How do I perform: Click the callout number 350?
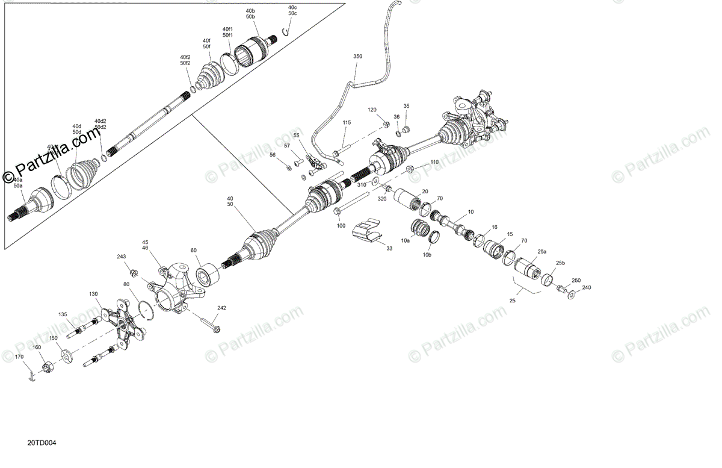(358, 56)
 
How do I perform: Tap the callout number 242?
(222, 308)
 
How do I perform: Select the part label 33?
(389, 248)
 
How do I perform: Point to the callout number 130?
(93, 294)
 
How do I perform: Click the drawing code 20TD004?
(42, 443)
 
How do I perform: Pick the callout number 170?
(19, 357)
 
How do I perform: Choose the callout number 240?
(587, 287)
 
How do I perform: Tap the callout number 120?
(372, 110)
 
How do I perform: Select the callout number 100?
(341, 225)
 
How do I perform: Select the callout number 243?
(122, 257)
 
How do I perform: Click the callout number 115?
(347, 122)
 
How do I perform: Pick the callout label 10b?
(427, 255)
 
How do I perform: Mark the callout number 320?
(381, 198)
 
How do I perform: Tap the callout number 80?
(126, 284)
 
